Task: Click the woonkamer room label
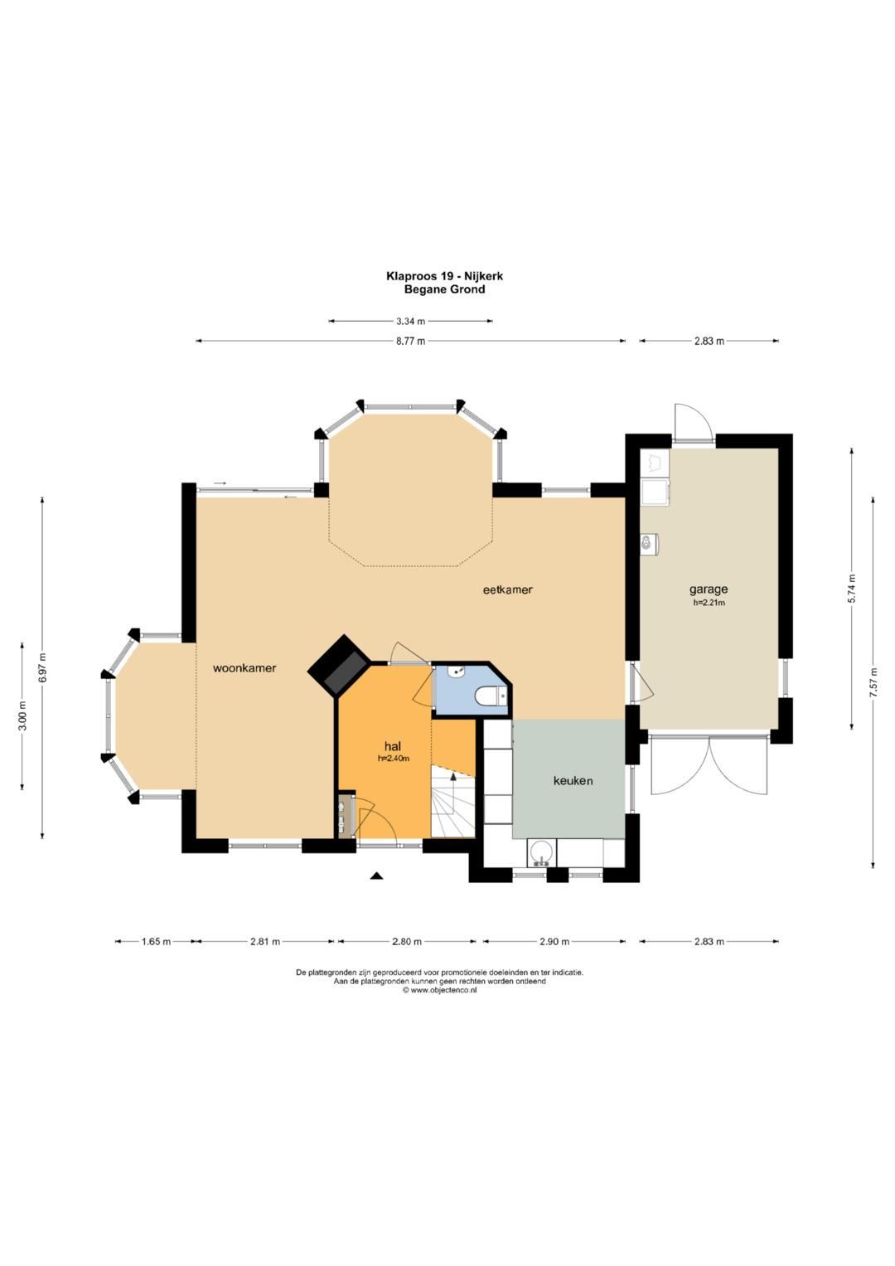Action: pos(244,668)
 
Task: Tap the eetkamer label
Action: pos(508,590)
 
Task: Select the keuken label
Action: pos(573,781)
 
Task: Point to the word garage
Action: pos(708,589)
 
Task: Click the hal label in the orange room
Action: pos(393,747)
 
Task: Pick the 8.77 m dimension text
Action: pos(410,341)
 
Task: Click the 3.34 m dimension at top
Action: pos(410,321)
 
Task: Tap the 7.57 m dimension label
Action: pos(874,682)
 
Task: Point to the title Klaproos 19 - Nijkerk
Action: pos(444,276)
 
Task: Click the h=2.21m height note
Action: pos(709,603)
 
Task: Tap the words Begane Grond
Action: pos(444,289)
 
